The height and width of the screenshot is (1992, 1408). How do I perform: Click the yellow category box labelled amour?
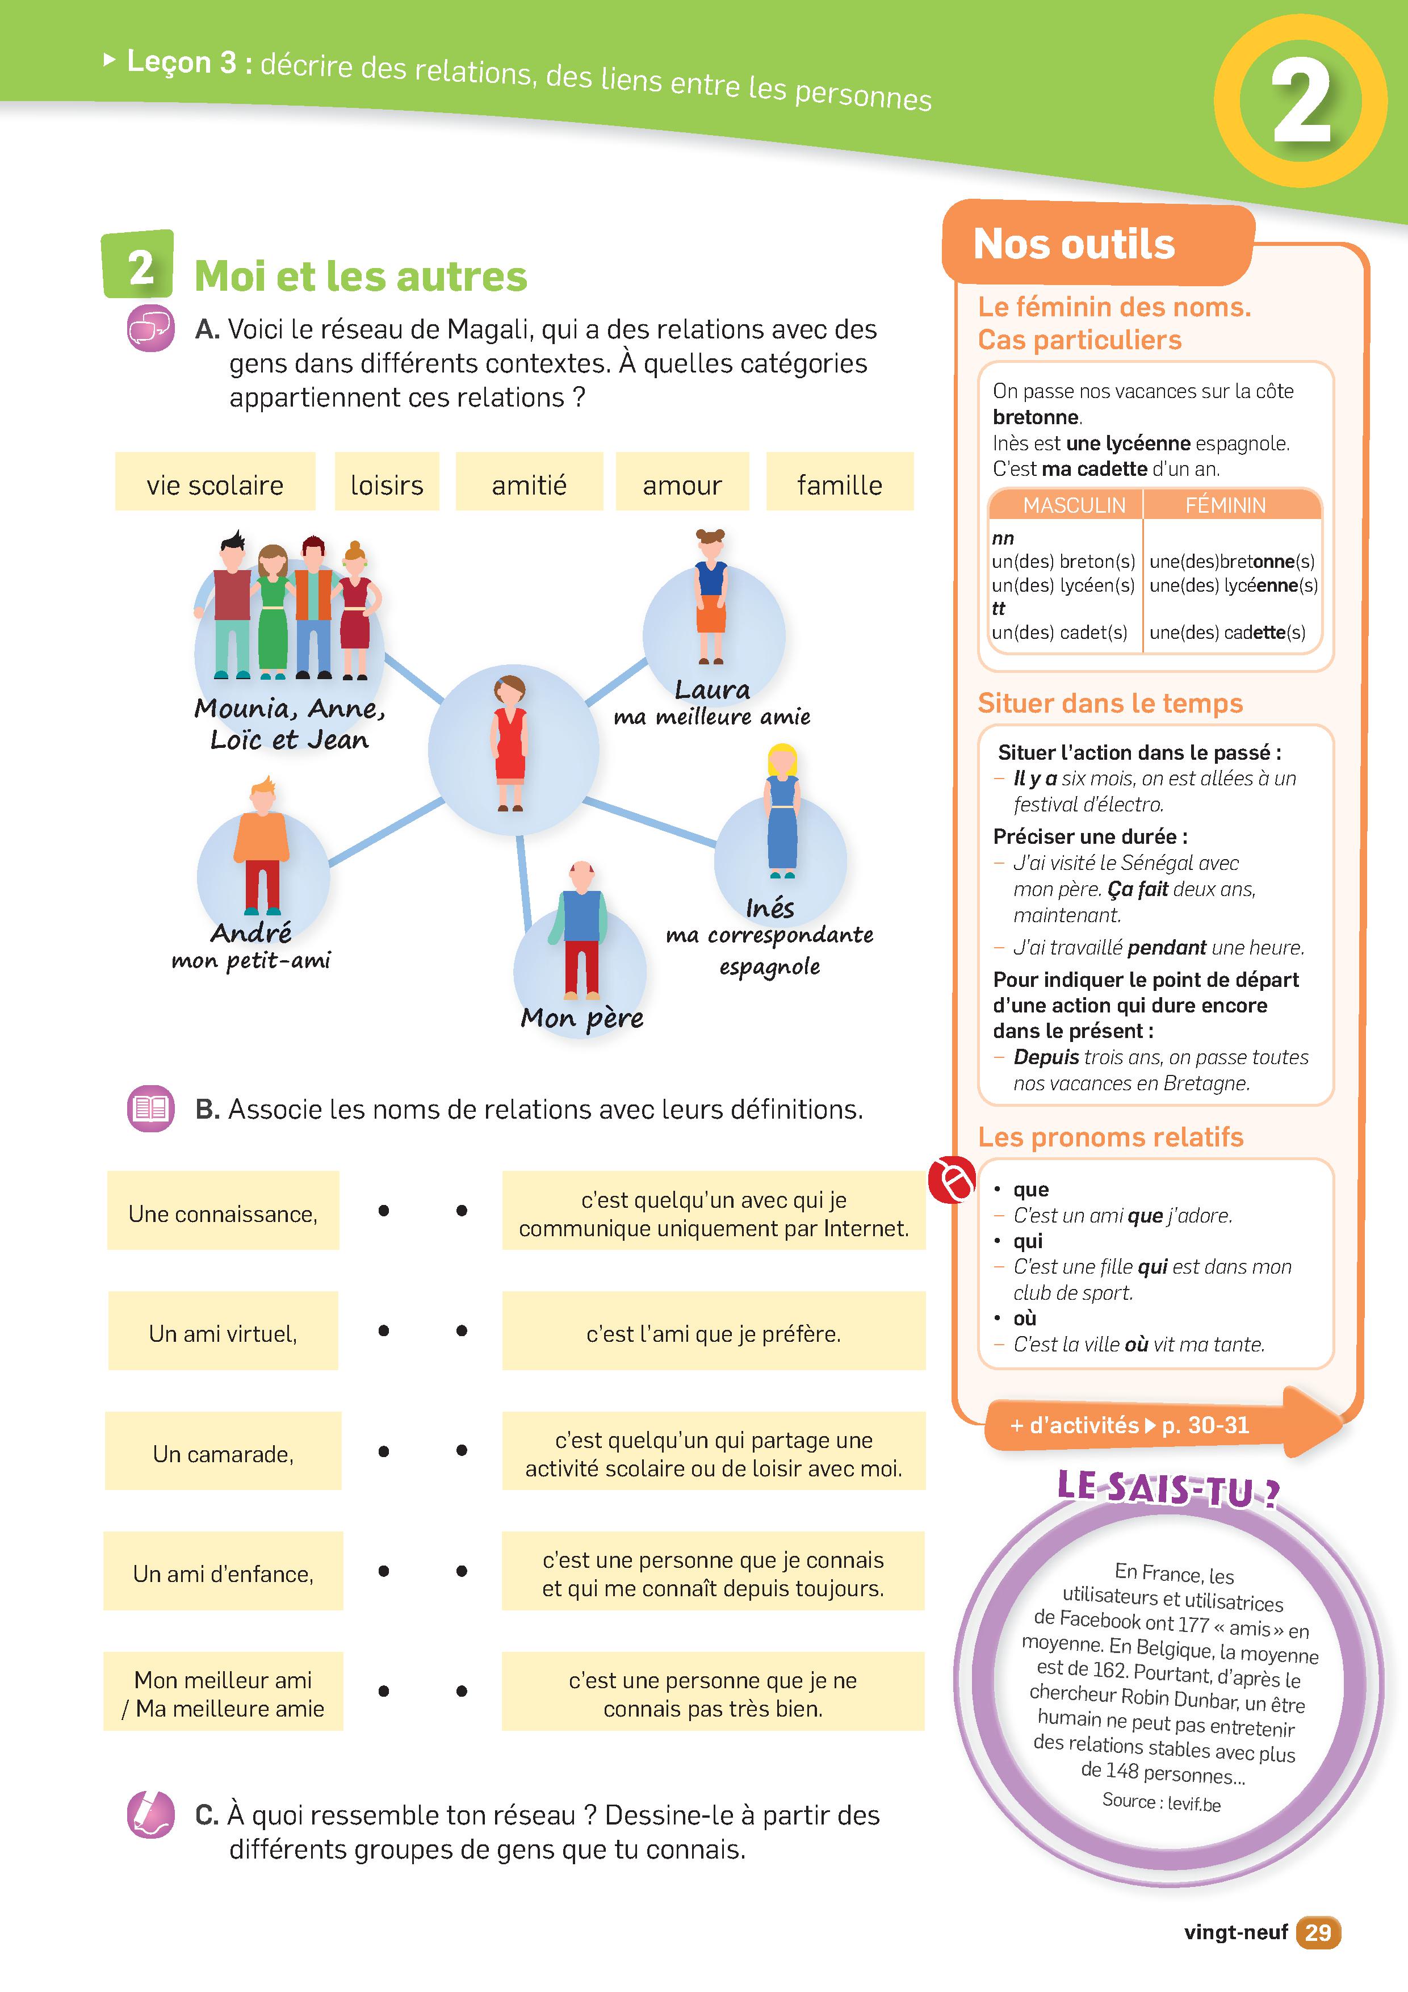tap(682, 482)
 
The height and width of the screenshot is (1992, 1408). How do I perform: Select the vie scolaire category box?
tap(215, 482)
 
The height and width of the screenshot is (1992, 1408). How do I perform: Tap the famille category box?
tap(840, 482)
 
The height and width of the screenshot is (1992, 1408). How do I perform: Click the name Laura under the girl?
tap(713, 690)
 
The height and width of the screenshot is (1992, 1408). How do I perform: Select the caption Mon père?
tap(582, 1018)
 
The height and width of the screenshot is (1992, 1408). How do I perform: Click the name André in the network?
tap(251, 932)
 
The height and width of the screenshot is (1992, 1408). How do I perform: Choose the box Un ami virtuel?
tap(223, 1331)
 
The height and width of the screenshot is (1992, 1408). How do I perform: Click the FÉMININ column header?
tap(1225, 505)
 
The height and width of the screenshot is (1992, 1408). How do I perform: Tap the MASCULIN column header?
tap(1074, 505)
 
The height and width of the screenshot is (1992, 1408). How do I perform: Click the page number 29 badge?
tap(1318, 1932)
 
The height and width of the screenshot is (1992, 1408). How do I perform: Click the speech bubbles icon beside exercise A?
tap(151, 329)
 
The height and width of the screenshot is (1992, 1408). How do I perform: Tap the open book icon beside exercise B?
tap(151, 1109)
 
